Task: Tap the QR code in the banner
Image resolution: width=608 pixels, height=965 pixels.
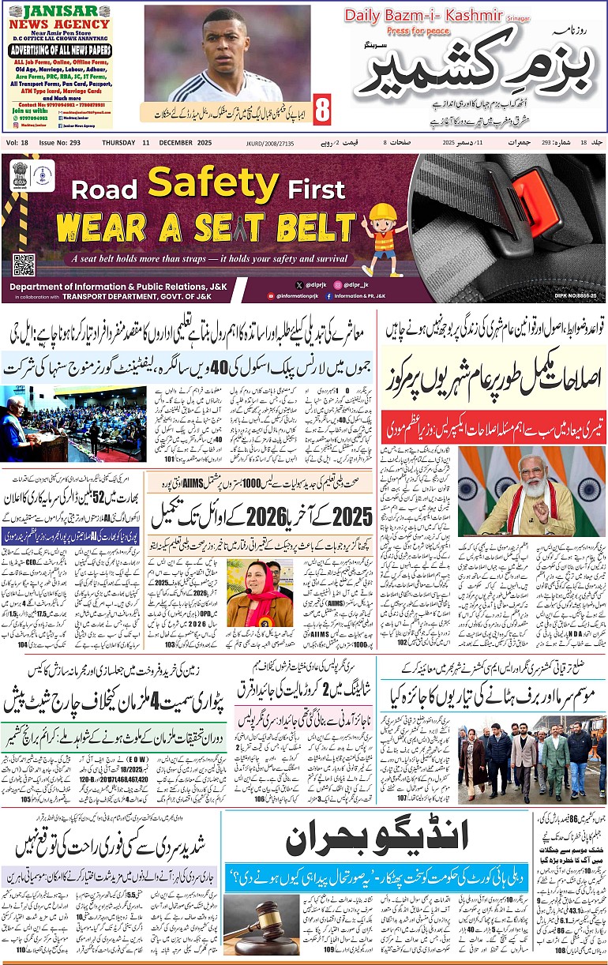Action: click(24, 265)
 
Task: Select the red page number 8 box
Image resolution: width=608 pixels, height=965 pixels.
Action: click(322, 111)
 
